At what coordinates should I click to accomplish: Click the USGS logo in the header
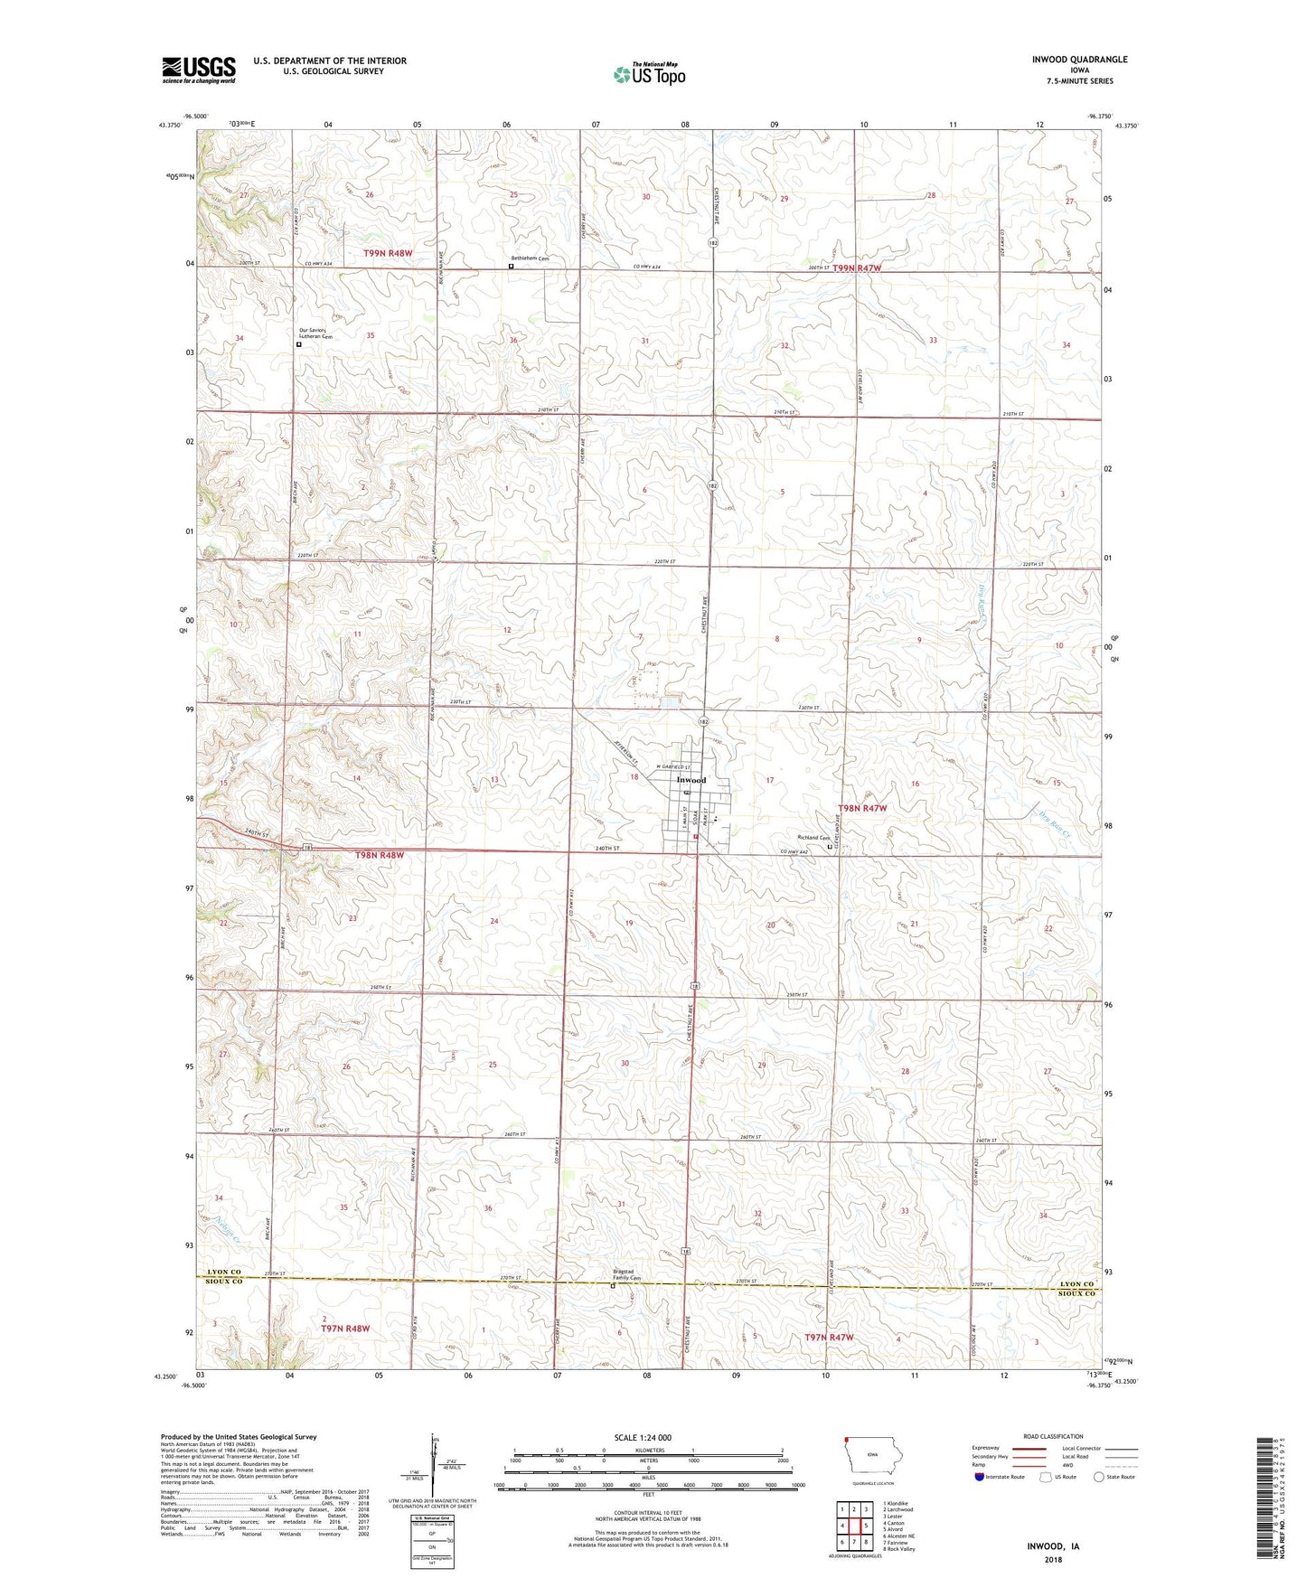coord(199,70)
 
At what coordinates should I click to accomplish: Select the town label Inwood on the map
coord(691,780)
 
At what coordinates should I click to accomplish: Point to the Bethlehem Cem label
coord(531,258)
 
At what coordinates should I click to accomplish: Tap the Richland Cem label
coord(813,838)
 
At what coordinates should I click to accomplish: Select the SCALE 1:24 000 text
coord(643,1437)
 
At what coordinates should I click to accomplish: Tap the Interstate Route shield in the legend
coord(980,1477)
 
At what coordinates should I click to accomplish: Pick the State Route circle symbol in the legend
coord(1099,1477)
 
